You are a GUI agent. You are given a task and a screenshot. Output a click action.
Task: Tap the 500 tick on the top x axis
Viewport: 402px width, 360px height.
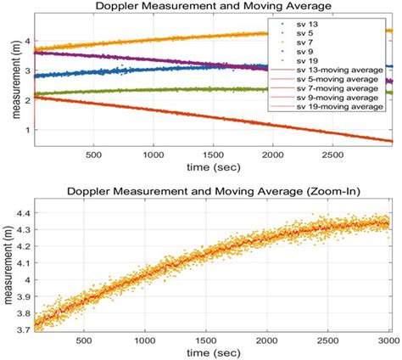point(93,155)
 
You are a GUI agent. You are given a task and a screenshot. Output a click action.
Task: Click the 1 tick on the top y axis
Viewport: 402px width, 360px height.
point(27,129)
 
